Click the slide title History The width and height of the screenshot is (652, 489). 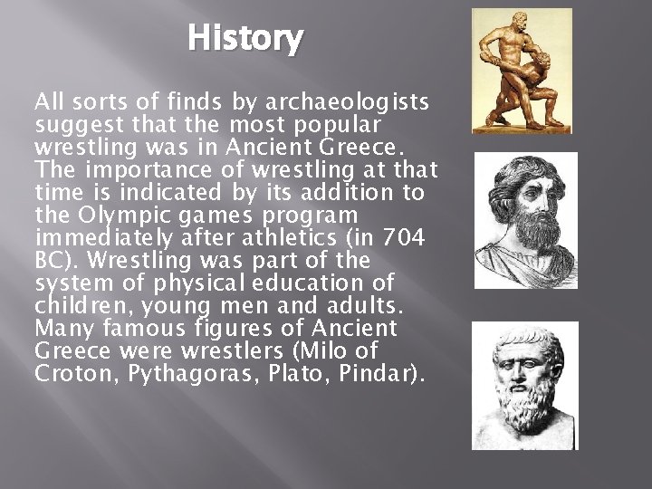(246, 39)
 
